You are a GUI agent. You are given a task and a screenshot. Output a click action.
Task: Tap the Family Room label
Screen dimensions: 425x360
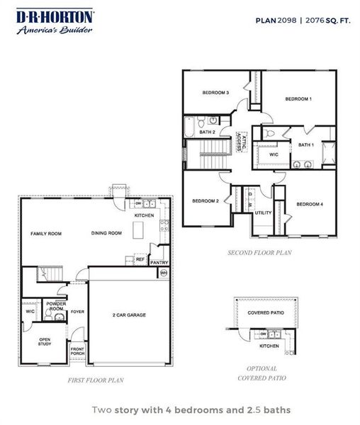[x=43, y=233]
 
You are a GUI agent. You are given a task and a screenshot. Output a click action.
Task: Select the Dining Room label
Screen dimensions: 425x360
[x=107, y=233]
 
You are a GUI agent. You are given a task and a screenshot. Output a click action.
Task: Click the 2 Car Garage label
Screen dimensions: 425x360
[x=129, y=314]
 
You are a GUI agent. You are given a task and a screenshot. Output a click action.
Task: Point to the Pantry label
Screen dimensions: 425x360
[x=159, y=262]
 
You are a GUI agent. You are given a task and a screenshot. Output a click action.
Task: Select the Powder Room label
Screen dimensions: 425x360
[x=56, y=306]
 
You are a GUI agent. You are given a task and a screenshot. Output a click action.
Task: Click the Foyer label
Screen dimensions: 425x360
[x=77, y=311]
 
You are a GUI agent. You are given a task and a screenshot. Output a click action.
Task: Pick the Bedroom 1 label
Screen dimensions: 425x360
[x=298, y=99]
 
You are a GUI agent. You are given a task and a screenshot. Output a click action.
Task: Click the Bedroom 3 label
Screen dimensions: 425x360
[x=215, y=93]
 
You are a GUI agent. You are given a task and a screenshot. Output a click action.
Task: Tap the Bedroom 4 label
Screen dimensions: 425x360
[x=310, y=205]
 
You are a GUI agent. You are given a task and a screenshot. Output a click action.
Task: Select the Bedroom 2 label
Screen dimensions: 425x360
[x=205, y=201]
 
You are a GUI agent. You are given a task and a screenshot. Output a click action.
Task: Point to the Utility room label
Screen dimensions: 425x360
[x=263, y=212]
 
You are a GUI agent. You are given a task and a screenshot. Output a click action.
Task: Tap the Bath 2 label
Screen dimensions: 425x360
[x=207, y=132]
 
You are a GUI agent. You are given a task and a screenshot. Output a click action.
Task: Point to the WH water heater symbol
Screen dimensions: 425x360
[x=164, y=273]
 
